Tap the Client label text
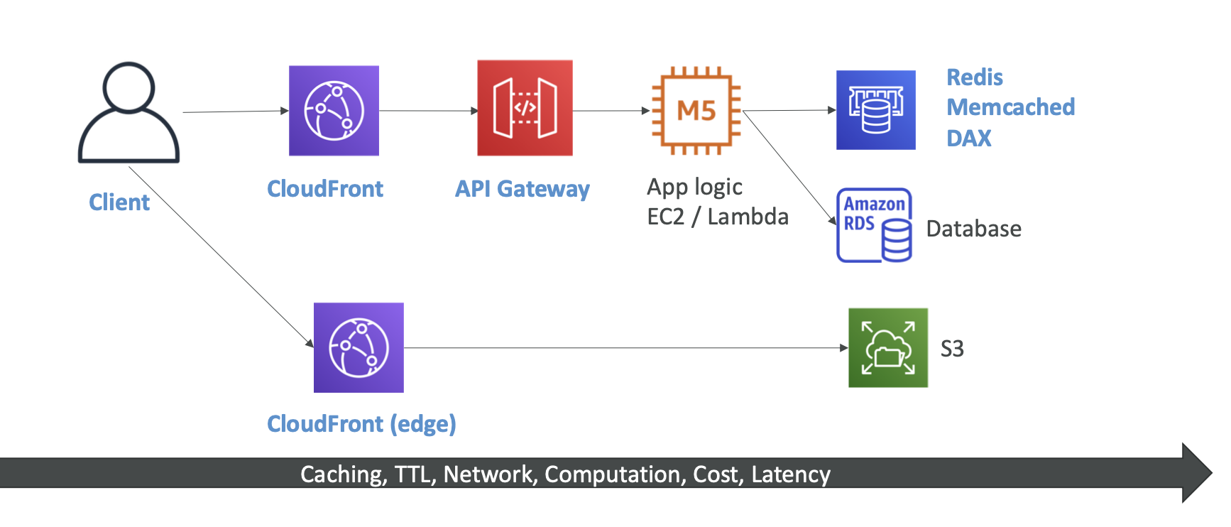(119, 202)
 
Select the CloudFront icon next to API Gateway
(334, 111)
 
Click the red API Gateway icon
(525, 108)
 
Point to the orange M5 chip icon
(696, 111)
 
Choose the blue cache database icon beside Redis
(875, 110)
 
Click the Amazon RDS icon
(874, 225)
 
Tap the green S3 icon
(887, 348)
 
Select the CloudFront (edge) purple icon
(359, 348)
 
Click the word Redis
(975, 77)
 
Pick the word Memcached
(1010, 107)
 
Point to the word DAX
(968, 138)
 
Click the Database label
(973, 229)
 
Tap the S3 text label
(952, 349)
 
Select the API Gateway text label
(522, 189)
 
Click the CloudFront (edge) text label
(361, 424)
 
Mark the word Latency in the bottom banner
(791, 474)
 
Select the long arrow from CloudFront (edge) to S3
(625, 348)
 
